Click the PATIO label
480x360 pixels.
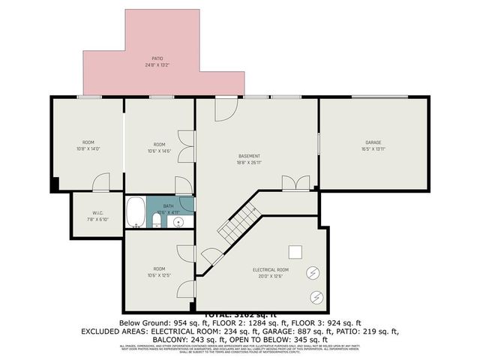[157, 58]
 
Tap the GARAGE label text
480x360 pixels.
[373, 142]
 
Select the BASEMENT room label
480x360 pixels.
[249, 156]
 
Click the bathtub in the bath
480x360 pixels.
[136, 212]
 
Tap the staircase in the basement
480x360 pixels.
[239, 220]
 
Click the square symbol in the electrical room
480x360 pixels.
[296, 251]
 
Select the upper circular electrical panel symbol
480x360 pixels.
[312, 274]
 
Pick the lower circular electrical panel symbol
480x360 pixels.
[316, 298]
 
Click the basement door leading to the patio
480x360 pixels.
[226, 109]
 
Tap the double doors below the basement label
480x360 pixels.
[294, 182]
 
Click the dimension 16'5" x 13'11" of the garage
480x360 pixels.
[373, 148]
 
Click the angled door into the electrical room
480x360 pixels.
[212, 256]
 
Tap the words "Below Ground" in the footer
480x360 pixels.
[141, 322]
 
